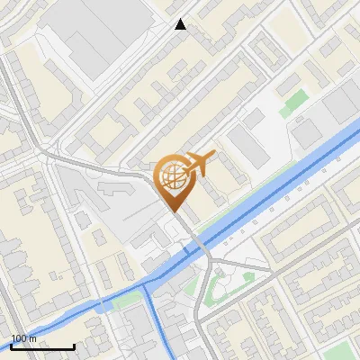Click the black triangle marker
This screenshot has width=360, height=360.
[x=181, y=24]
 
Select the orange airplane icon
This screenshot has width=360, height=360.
[x=199, y=164]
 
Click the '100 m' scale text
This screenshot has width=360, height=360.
[x=23, y=338]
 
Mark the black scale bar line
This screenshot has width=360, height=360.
[x=42, y=346]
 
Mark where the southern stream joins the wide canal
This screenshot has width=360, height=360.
[x=147, y=283]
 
